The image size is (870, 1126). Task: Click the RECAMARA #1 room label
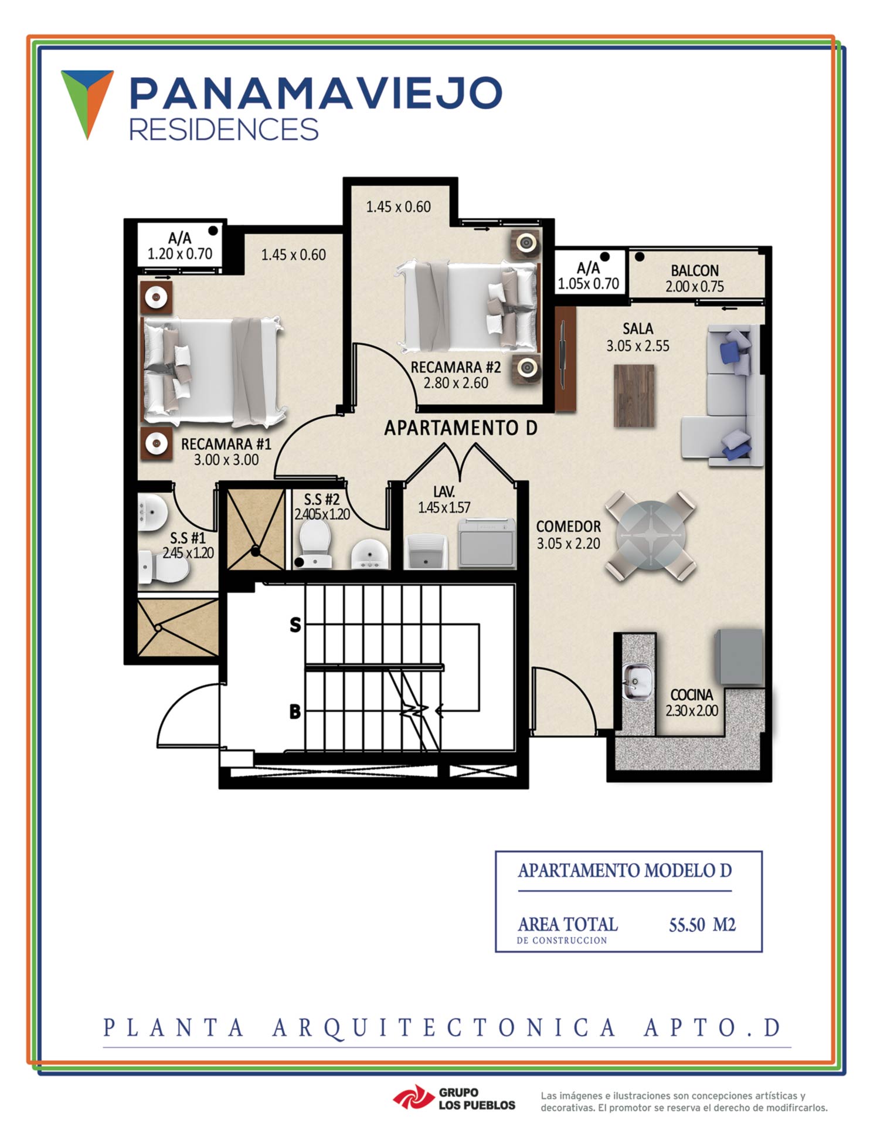click(226, 444)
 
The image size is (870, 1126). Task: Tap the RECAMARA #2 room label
click(456, 368)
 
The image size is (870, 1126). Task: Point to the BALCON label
click(695, 270)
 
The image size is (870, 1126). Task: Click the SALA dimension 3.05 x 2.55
click(638, 346)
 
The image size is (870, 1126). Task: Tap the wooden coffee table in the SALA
click(634, 395)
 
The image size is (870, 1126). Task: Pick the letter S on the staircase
click(295, 625)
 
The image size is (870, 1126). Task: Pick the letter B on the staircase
click(295, 711)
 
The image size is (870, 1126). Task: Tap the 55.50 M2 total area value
click(702, 925)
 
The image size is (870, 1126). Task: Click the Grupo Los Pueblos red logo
click(412, 1100)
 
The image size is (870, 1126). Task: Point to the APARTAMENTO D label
click(460, 428)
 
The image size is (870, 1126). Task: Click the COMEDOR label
click(568, 527)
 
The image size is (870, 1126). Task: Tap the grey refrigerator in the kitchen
click(739, 657)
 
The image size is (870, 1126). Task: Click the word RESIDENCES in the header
click(223, 129)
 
